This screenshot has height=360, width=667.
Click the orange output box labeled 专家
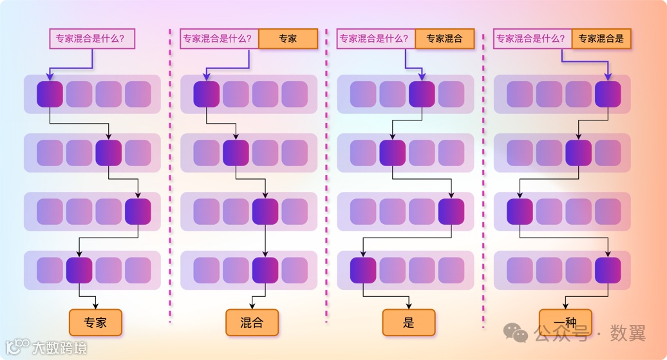[95, 323]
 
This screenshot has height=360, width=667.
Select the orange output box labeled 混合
[252, 323]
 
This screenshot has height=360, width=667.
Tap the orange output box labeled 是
[409, 323]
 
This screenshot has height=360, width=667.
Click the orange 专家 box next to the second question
[288, 39]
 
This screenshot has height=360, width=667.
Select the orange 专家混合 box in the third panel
[444, 39]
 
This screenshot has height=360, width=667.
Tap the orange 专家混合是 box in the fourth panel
[601, 39]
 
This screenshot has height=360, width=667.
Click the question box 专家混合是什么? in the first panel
[92, 39]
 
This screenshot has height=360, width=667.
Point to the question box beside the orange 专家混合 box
[375, 39]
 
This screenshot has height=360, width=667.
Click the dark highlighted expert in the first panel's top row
[50, 94]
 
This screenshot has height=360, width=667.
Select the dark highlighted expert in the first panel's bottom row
[79, 270]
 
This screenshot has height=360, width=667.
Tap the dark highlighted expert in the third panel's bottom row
[363, 270]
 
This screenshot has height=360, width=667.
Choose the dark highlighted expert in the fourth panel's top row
[608, 94]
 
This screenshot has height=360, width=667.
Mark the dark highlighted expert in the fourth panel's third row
[520, 212]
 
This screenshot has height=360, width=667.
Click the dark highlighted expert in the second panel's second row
[236, 153]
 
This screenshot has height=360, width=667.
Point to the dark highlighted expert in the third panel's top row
[422, 94]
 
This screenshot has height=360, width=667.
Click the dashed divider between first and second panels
[170, 174]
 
